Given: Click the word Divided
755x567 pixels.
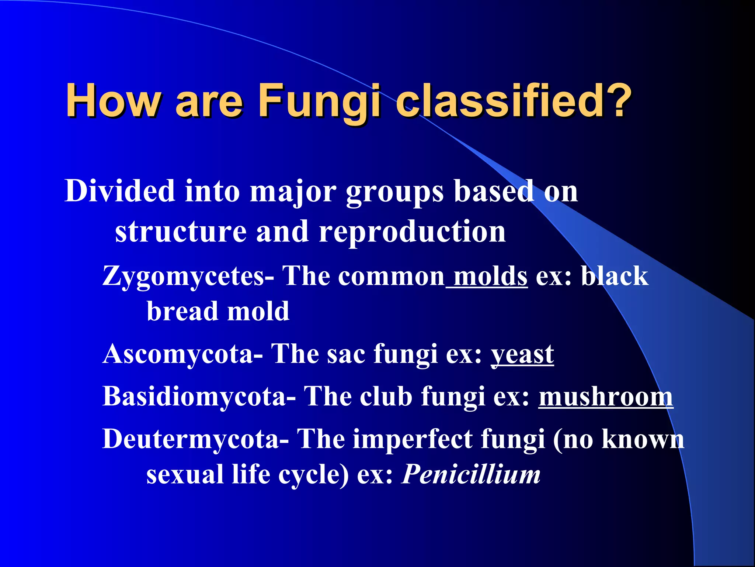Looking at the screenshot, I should [x=120, y=191].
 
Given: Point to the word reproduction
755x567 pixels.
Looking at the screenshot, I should [x=412, y=231].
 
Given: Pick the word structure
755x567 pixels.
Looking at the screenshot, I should [x=181, y=231].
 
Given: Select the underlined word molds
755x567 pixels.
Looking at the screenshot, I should [x=490, y=276].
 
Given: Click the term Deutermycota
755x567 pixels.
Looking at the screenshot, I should [x=191, y=439].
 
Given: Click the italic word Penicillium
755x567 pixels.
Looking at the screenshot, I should [x=471, y=474].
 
